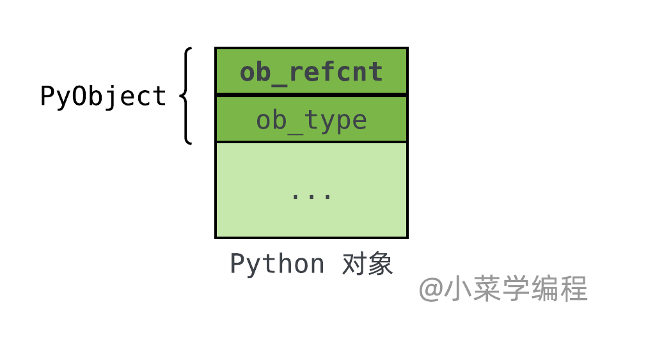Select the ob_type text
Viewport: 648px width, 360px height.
pos(311,121)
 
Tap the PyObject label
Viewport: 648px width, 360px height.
pos(103,97)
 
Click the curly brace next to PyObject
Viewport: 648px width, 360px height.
pos(186,96)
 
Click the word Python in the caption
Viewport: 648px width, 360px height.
pos(277,264)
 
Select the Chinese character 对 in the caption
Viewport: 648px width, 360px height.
pos(354,263)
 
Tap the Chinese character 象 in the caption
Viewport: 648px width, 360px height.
pos(380,263)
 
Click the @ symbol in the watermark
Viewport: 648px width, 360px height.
pos(431,289)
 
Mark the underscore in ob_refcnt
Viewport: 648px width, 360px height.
pos(279,85)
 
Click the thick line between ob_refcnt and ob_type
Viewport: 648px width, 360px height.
pos(311,95)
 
